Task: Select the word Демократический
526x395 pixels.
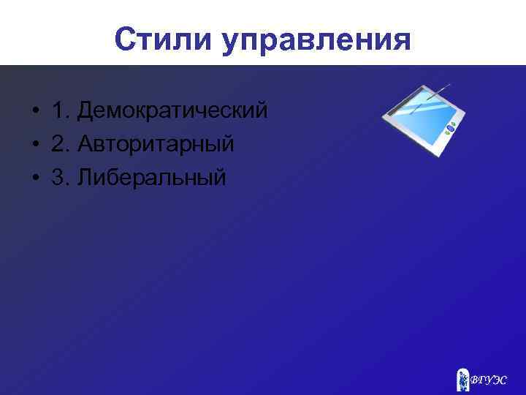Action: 173,112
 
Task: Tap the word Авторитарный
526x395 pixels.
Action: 157,144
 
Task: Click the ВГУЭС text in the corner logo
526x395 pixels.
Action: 488,380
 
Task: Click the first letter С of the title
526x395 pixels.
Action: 125,40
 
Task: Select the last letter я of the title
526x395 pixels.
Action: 401,42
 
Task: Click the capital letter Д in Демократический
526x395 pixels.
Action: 87,112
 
